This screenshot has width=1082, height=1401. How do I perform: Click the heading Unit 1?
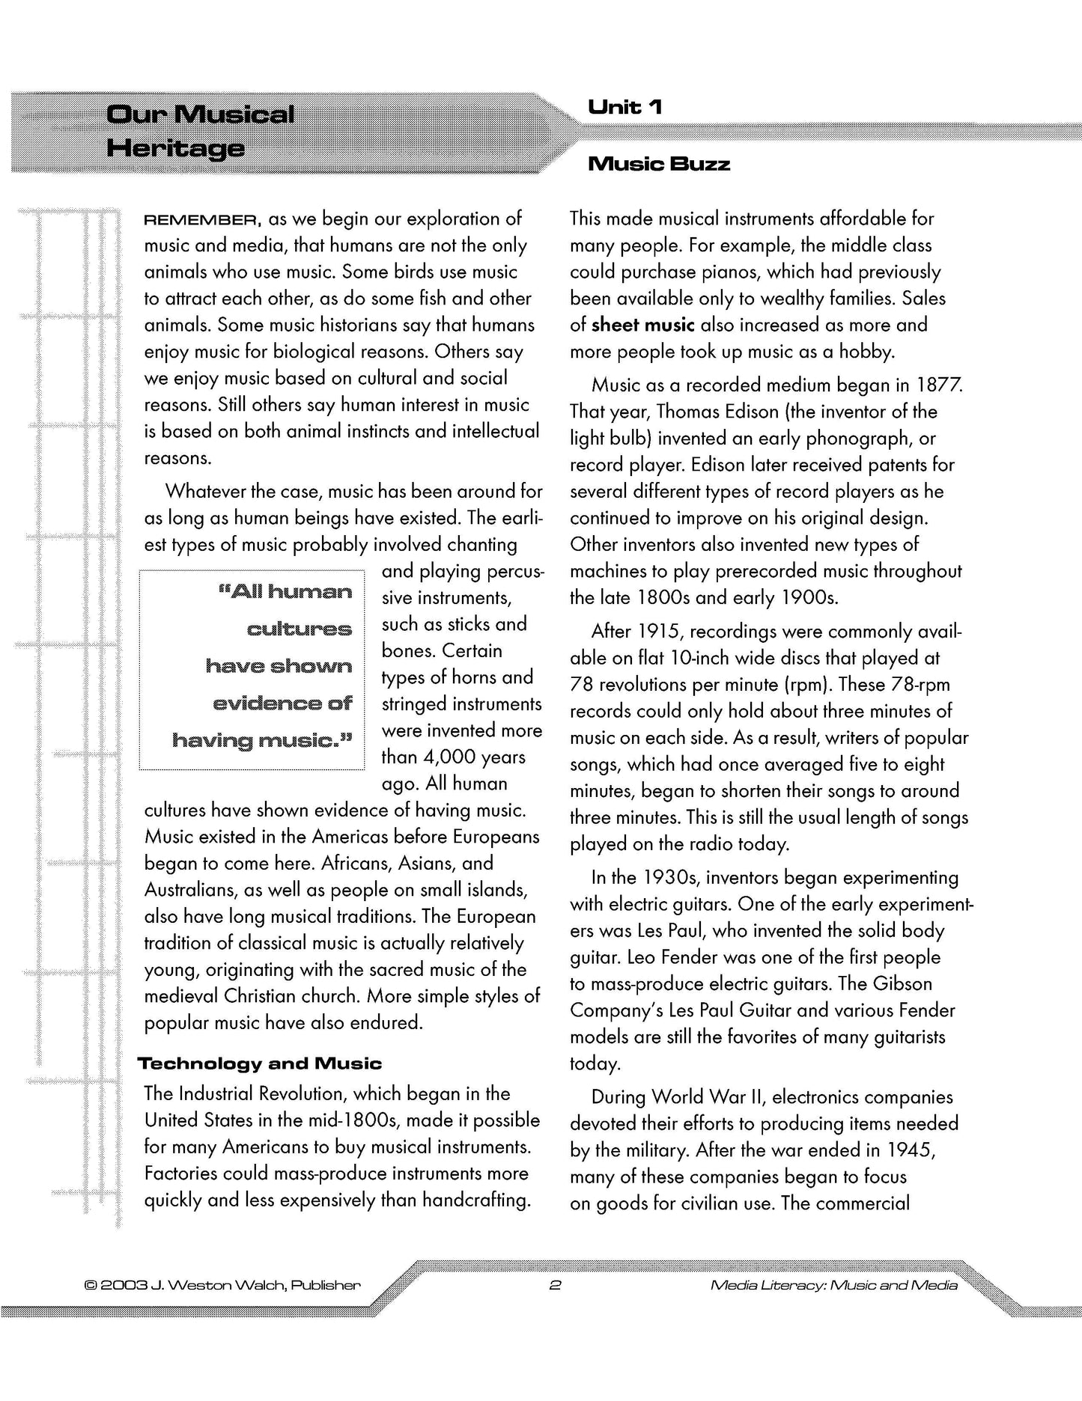(x=625, y=108)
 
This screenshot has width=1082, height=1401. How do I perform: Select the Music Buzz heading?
(x=659, y=164)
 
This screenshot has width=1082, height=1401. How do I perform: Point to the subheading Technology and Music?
(x=260, y=1063)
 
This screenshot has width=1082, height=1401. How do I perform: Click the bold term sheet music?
(x=642, y=325)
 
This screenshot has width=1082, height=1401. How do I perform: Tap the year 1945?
(x=911, y=1150)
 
